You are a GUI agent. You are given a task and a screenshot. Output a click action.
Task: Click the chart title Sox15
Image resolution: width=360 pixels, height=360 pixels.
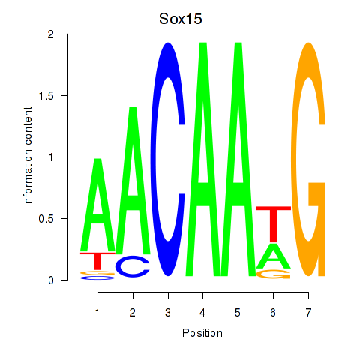coord(181,19)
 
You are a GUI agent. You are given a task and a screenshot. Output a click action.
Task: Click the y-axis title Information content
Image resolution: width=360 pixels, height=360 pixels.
coord(28,157)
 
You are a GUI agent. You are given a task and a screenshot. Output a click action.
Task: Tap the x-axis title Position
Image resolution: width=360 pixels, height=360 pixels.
coord(202,333)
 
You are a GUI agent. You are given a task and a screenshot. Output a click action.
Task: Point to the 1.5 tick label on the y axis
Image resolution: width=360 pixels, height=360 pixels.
coord(46,96)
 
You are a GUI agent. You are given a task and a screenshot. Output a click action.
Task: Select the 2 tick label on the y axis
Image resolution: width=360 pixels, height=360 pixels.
coord(51,34)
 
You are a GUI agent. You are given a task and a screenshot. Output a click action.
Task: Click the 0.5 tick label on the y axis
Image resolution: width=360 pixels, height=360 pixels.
coord(46,219)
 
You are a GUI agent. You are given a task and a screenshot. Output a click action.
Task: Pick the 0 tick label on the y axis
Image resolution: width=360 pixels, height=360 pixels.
coord(51,280)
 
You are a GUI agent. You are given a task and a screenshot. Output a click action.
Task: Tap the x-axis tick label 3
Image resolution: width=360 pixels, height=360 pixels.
coord(168,313)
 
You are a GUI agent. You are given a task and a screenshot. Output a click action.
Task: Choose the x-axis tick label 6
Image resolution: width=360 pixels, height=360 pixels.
coord(273,313)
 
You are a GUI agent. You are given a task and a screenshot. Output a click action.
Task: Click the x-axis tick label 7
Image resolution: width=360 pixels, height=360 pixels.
coord(308,313)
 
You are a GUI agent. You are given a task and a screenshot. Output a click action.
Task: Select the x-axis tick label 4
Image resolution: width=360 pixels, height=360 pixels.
coord(202,313)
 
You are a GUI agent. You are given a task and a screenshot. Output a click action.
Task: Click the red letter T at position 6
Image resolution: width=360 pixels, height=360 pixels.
coord(274,224)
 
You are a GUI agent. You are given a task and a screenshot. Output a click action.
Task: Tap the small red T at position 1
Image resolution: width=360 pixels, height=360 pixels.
coord(97,261)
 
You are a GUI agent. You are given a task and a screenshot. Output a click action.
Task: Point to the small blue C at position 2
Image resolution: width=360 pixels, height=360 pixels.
coord(133,266)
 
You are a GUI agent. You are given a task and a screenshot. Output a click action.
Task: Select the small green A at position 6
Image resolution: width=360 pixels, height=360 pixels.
coord(274,256)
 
